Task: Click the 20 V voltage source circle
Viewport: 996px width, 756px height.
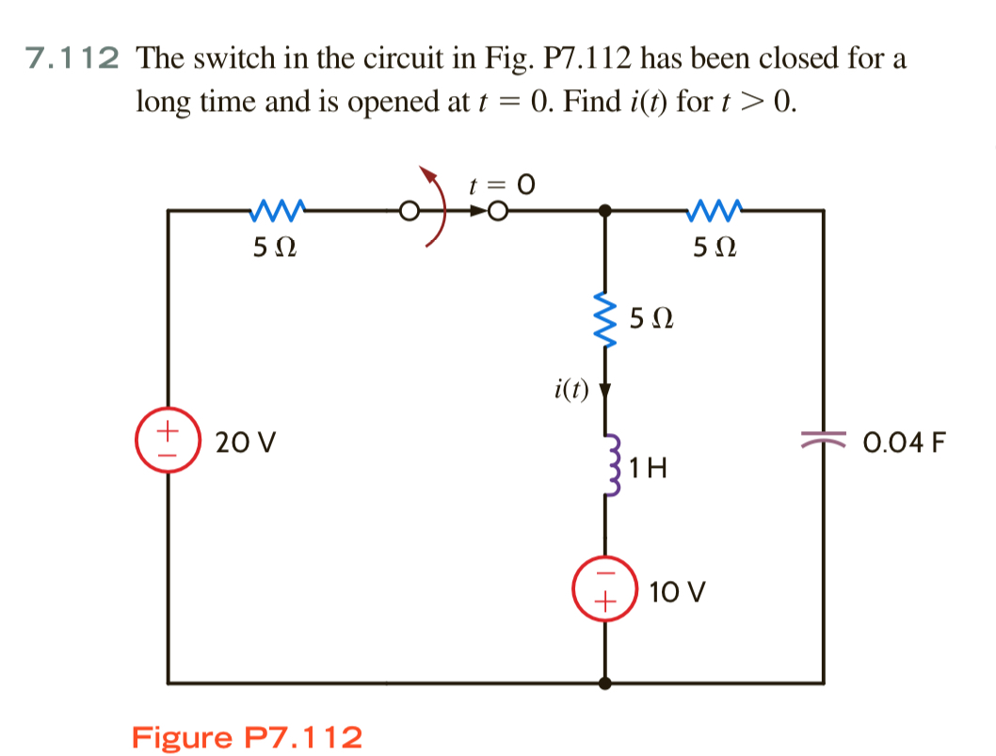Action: (169, 442)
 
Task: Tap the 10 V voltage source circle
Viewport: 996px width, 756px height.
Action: (605, 585)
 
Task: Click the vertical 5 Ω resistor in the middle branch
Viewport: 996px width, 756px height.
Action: (605, 321)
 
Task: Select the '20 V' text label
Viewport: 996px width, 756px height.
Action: (241, 442)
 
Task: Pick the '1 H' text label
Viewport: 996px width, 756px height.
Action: (651, 466)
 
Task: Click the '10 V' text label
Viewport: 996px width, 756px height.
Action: (677, 592)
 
